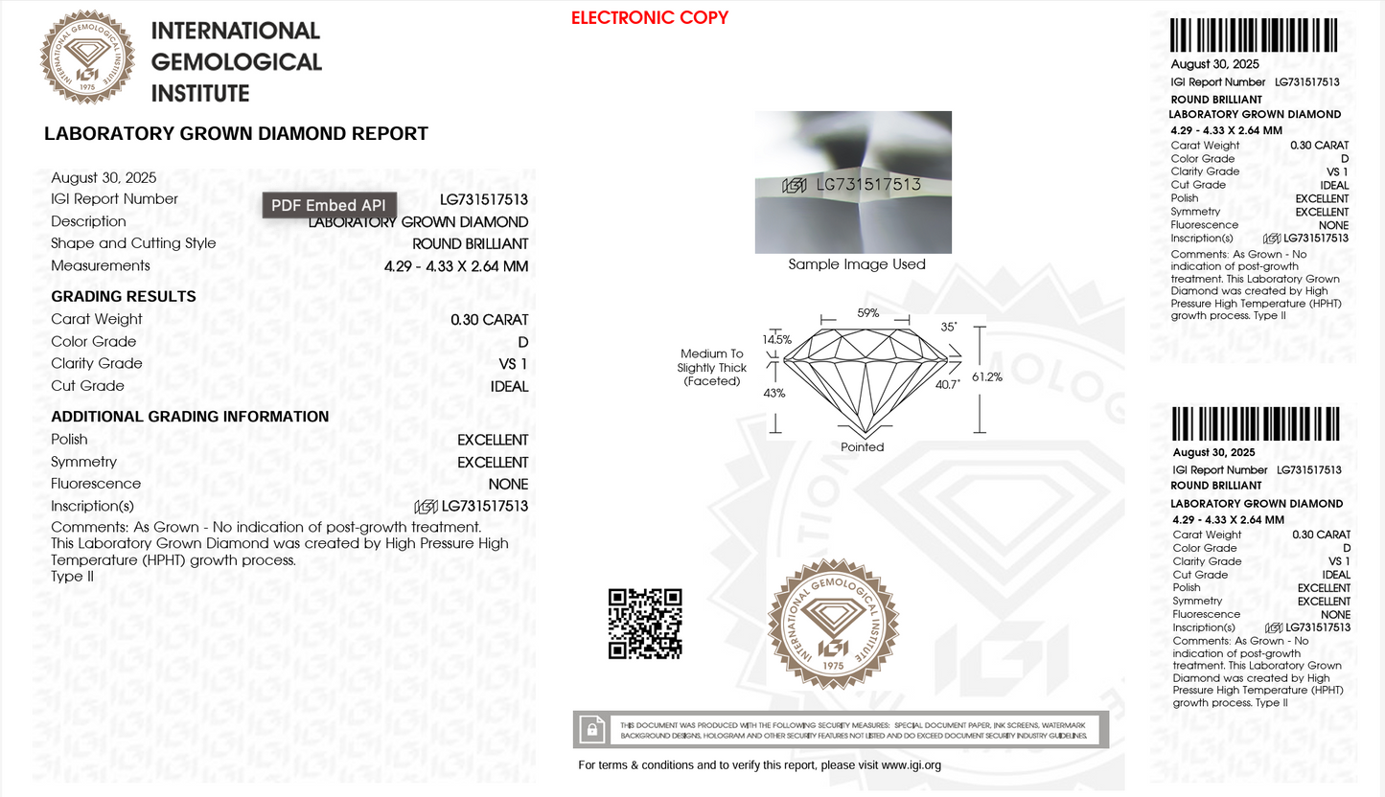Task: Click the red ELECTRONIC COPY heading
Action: [649, 17]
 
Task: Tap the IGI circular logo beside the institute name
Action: [87, 57]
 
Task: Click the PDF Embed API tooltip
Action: [329, 205]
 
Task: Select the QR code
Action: [645, 623]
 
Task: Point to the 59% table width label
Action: [867, 312]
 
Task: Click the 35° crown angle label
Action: [949, 327]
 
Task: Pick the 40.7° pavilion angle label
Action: [947, 384]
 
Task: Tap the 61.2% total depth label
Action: [987, 376]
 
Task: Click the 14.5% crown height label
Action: [776, 339]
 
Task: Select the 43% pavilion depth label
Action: [774, 393]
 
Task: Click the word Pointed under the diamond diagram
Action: [862, 447]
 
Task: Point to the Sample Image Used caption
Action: [856, 264]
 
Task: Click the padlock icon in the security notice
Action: [593, 730]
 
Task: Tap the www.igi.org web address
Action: [911, 765]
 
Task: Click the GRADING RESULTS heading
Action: [123, 297]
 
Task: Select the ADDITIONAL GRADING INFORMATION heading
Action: [189, 417]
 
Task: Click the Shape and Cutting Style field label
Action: [133, 243]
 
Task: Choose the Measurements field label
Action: [101, 265]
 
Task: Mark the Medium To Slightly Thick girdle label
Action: [711, 367]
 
